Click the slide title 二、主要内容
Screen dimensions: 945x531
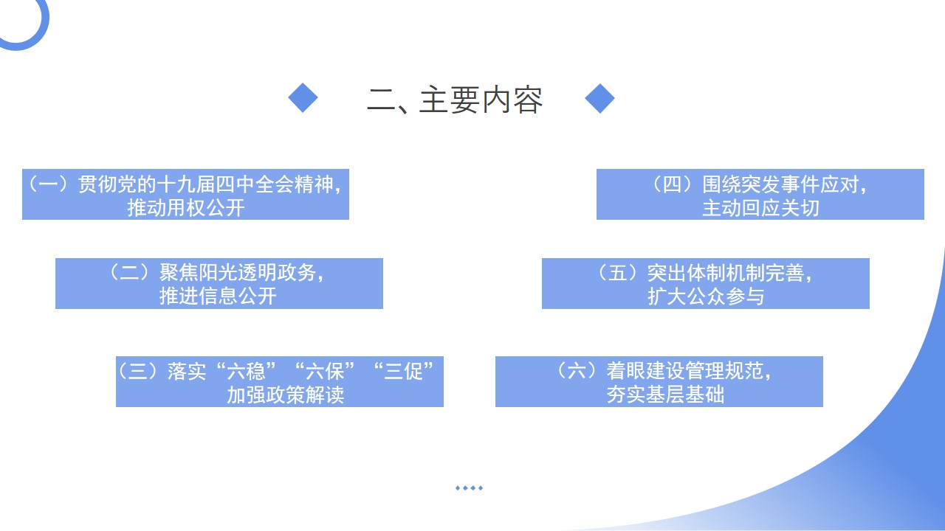pyautogui.click(x=454, y=100)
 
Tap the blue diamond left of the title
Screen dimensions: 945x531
pyautogui.click(x=303, y=98)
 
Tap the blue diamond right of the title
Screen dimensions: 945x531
pyautogui.click(x=599, y=98)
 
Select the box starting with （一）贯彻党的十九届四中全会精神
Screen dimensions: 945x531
pyautogui.click(x=185, y=194)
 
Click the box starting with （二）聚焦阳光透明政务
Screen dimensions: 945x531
pyautogui.click(x=219, y=284)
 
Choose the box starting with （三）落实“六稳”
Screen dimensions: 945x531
pyautogui.click(x=280, y=382)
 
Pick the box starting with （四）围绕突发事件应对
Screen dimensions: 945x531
pyautogui.click(x=760, y=194)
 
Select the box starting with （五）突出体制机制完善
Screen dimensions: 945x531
pyautogui.click(x=706, y=284)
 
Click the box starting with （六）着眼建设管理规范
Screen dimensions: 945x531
pyautogui.click(x=659, y=382)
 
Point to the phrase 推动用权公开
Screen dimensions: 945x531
pyautogui.click(x=186, y=208)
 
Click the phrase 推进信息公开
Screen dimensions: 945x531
pyautogui.click(x=218, y=296)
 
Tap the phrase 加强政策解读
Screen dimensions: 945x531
pyautogui.click(x=286, y=395)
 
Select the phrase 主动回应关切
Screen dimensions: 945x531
pyautogui.click(x=760, y=208)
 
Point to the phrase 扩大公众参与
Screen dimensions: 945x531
pyautogui.click(x=706, y=296)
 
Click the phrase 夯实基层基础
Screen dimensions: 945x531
pyautogui.click(x=665, y=395)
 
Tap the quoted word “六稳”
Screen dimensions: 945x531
pyautogui.click(x=247, y=371)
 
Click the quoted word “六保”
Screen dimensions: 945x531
pyautogui.click(x=325, y=371)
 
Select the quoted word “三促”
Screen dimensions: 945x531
pyautogui.click(x=404, y=371)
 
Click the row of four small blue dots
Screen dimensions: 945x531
pyautogui.click(x=469, y=488)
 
